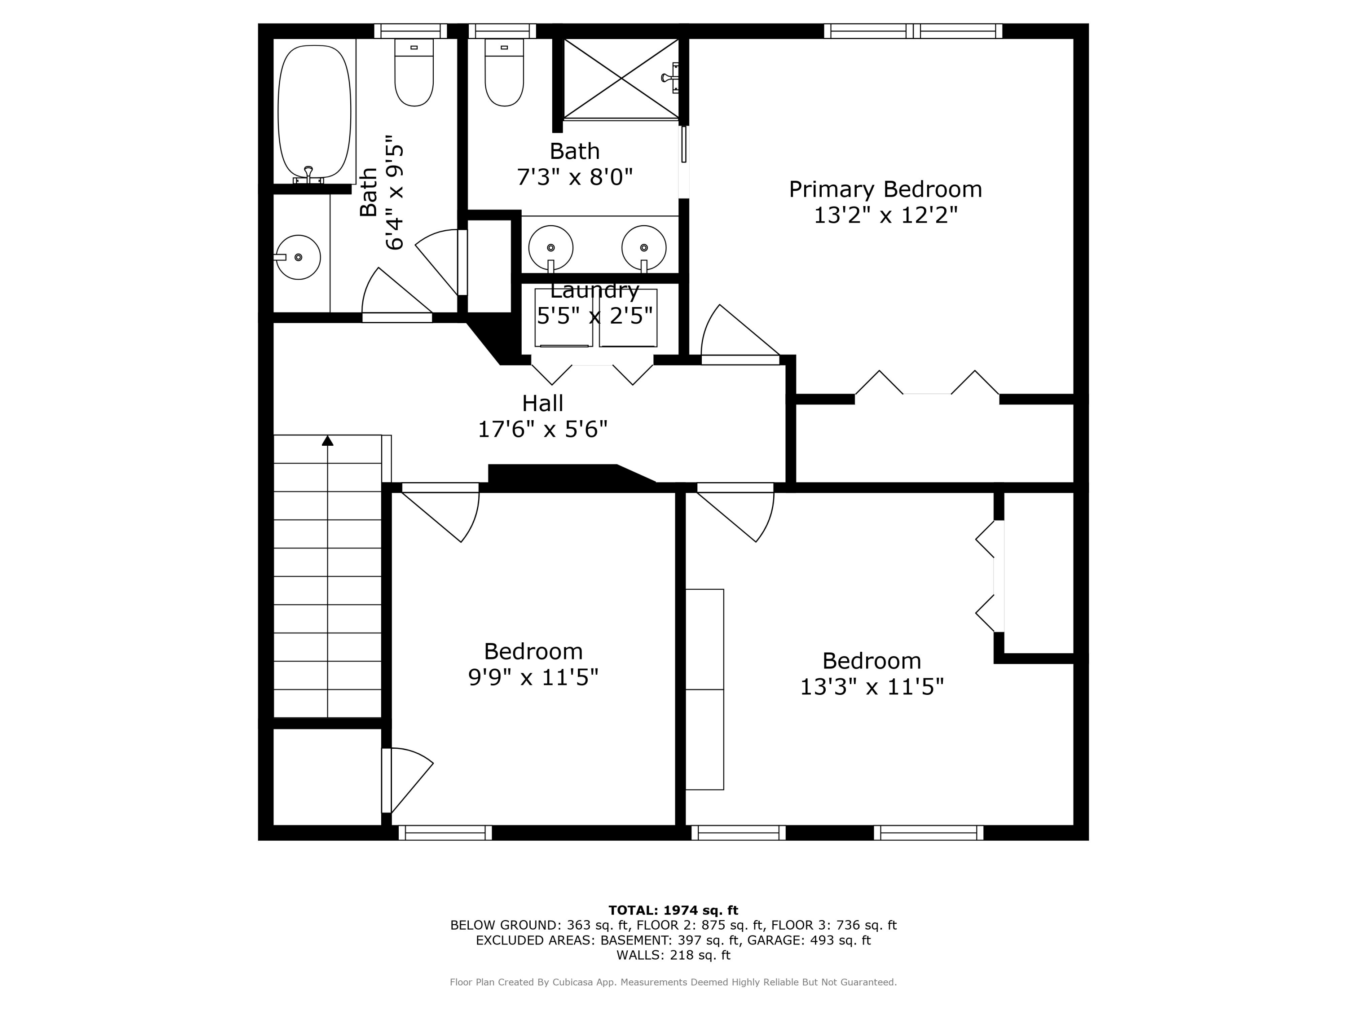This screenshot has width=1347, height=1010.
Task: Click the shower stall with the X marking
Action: (x=621, y=78)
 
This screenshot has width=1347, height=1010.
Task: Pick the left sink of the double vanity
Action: (x=550, y=248)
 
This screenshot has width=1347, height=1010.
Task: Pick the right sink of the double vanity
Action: (x=644, y=248)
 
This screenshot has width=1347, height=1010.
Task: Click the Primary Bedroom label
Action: (x=885, y=189)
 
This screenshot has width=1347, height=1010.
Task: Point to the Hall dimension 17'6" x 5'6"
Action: (x=542, y=429)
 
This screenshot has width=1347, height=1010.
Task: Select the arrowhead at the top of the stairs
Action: (x=328, y=441)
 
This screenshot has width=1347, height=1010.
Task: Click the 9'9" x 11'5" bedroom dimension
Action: (x=533, y=677)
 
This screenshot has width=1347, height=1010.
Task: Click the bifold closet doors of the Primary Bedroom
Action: (x=927, y=383)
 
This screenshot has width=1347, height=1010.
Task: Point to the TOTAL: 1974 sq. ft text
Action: (x=673, y=910)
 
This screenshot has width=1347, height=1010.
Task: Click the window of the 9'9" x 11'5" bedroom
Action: (x=445, y=832)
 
